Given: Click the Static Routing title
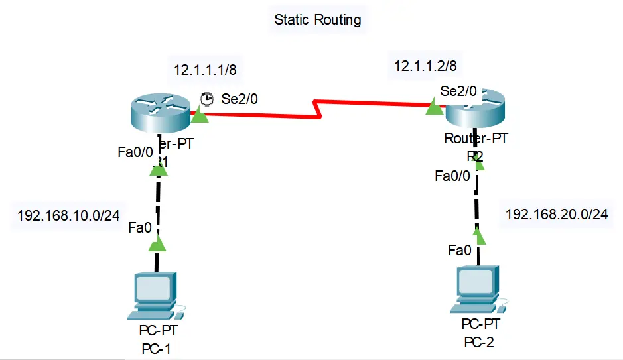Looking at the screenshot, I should pos(318,19).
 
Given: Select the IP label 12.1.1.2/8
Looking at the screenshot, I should pos(425,65).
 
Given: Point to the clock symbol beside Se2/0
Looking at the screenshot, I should pos(208,99).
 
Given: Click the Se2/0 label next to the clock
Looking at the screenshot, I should pos(239,99).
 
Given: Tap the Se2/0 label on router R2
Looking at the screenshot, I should pos(458,91).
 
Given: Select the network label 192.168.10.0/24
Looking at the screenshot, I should pos(68,215).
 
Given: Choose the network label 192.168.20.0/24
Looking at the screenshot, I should pos(557,214).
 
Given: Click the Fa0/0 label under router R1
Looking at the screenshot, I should pos(135,152).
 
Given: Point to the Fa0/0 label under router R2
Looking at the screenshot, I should pos(452,176).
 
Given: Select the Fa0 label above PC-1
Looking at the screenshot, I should pos(140,229).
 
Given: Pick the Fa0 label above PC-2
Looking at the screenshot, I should pos(460,250).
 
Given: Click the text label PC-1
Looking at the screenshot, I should pos(156,349).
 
